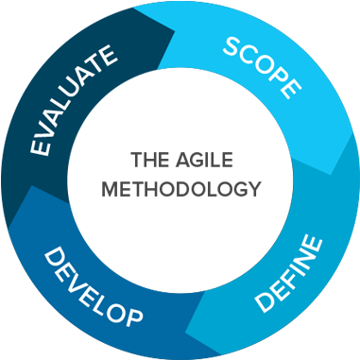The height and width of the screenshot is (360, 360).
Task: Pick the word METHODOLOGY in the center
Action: point(180,188)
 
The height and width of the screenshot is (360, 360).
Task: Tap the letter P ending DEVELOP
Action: point(132,314)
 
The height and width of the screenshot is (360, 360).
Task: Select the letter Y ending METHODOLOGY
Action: point(253,188)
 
